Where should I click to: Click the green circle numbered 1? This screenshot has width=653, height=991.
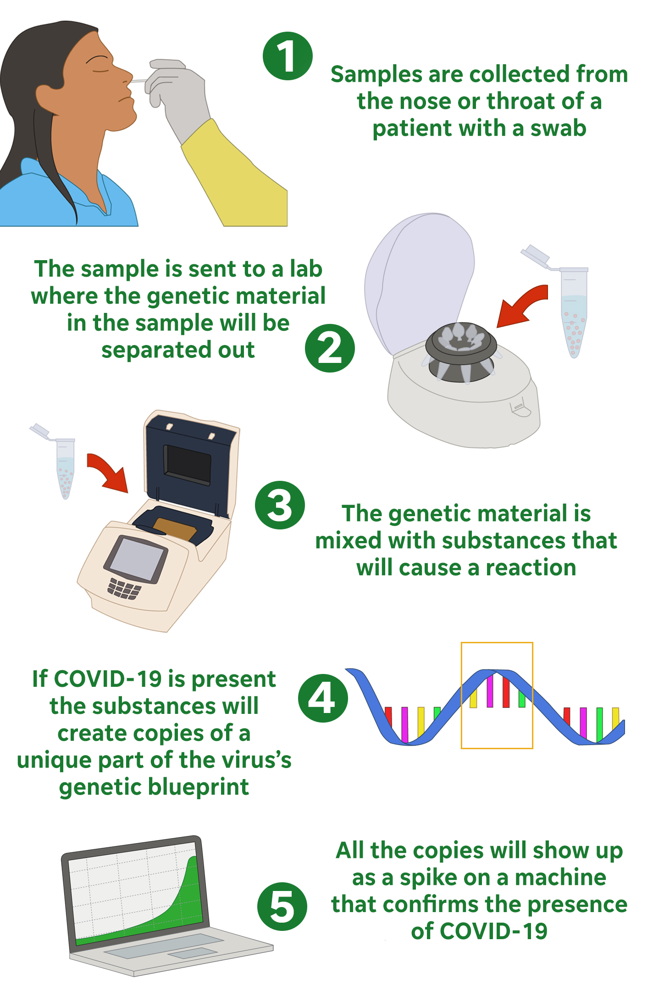click(288, 56)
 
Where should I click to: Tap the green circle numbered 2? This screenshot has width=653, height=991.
click(330, 348)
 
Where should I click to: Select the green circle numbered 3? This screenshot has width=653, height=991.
click(280, 505)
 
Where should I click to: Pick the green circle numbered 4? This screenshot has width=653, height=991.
click(323, 698)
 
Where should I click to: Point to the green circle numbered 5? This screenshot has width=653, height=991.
click(282, 906)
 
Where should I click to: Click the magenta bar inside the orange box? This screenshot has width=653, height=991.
click(490, 690)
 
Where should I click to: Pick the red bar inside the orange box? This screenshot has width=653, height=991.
click(506, 692)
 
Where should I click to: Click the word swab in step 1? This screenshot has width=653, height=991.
click(558, 128)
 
